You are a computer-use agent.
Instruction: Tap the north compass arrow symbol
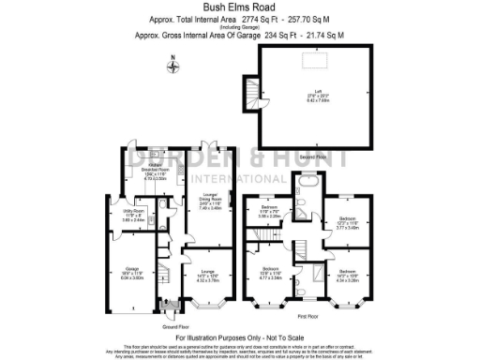[x=172, y=66]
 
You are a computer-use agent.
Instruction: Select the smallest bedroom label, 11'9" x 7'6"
[x=270, y=210]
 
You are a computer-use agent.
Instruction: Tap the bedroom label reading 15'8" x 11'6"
[x=272, y=274]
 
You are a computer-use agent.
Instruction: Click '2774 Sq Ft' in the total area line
[x=254, y=19]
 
